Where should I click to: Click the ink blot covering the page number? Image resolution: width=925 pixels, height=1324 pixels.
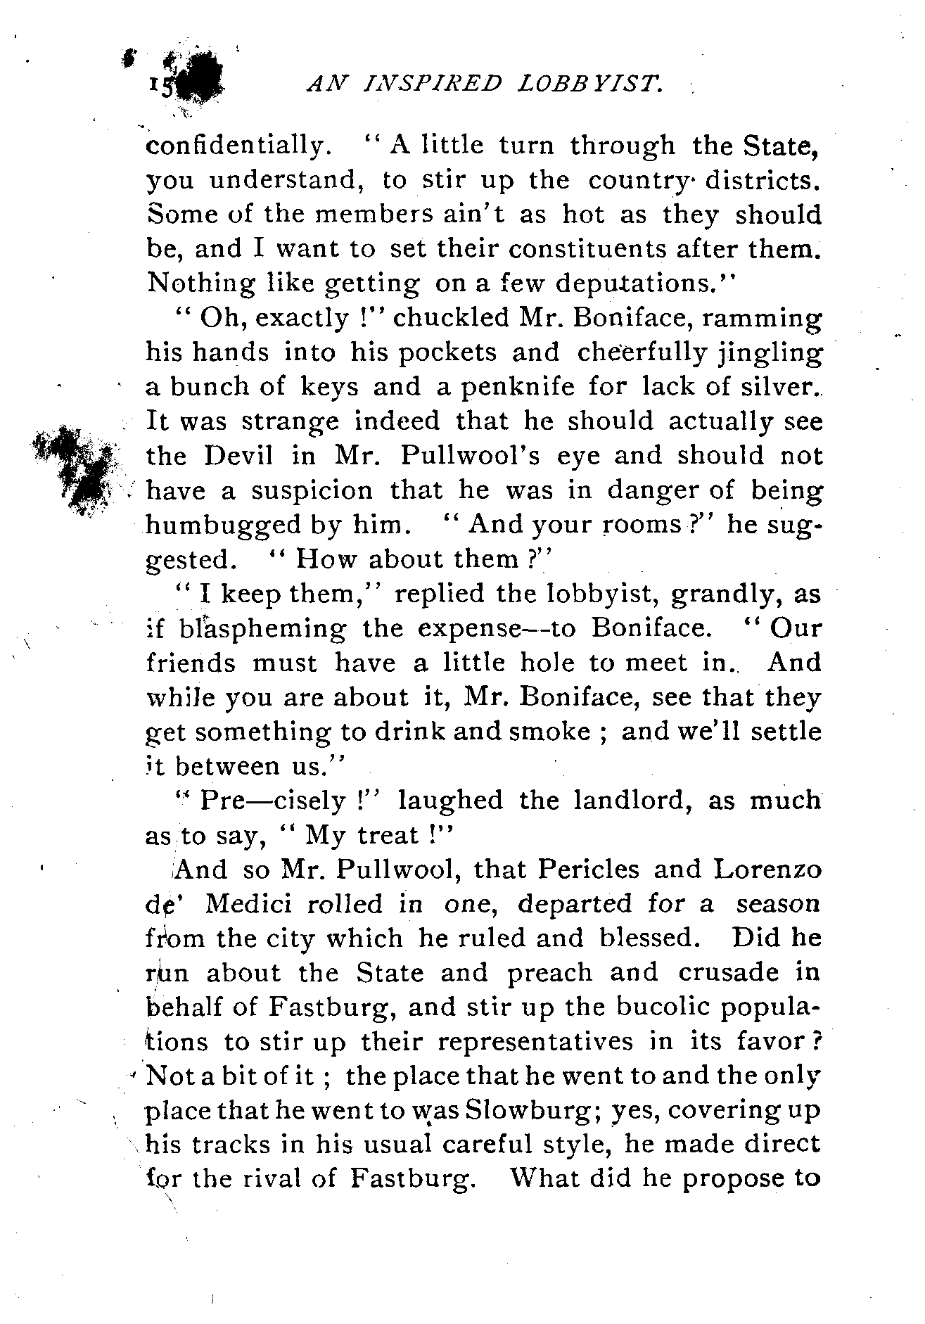click(x=198, y=83)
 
